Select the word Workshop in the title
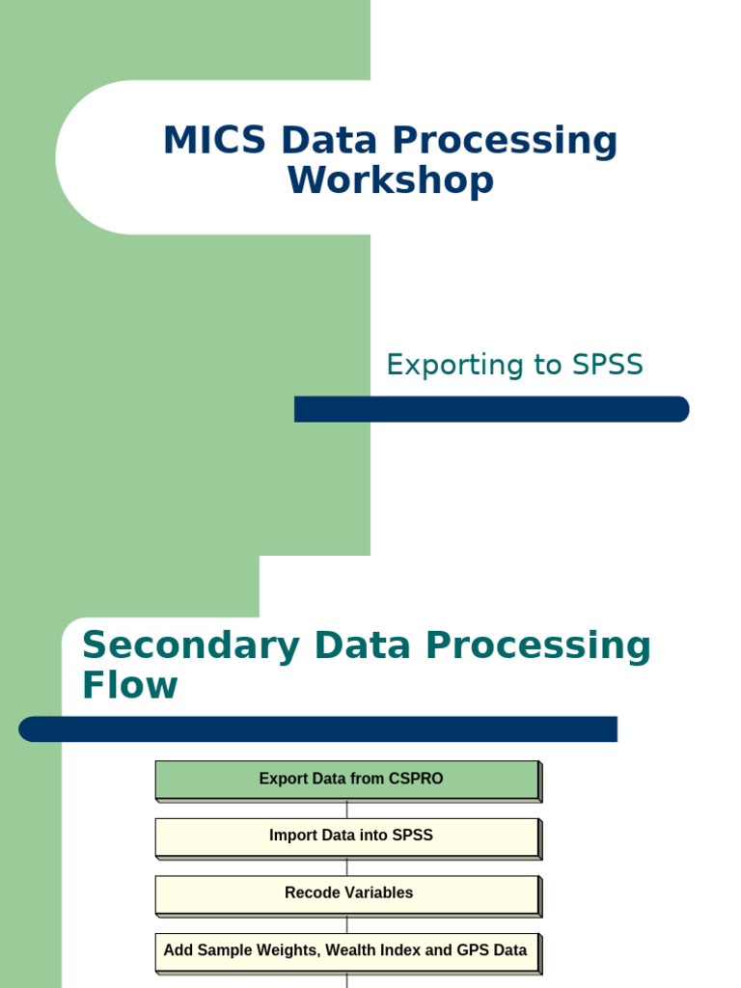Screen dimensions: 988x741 (x=390, y=181)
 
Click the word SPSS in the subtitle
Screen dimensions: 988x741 (x=607, y=365)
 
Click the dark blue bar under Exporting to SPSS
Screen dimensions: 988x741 (x=491, y=409)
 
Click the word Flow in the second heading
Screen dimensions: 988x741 (x=129, y=685)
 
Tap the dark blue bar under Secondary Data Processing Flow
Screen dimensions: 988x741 (x=317, y=729)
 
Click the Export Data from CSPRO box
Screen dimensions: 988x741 (x=346, y=780)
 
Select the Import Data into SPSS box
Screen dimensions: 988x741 (x=346, y=837)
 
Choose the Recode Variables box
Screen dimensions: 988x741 (x=346, y=893)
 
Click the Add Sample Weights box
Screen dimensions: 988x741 (x=346, y=951)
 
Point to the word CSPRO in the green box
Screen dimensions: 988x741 (x=416, y=779)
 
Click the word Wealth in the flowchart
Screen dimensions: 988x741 (x=350, y=950)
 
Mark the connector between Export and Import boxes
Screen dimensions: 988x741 (x=346, y=810)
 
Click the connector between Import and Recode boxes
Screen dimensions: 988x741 (x=346, y=866)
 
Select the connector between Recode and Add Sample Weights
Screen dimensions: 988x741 (x=346, y=923)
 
